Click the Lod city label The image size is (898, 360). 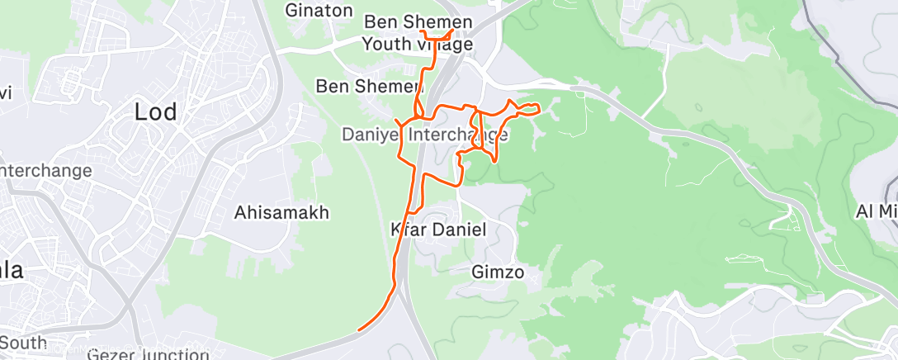156,111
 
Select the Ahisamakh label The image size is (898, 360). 281,212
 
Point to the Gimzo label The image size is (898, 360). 498,271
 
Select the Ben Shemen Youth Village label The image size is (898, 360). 418,33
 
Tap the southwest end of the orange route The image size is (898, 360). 359,330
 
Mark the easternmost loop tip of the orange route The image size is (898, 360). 539,107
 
